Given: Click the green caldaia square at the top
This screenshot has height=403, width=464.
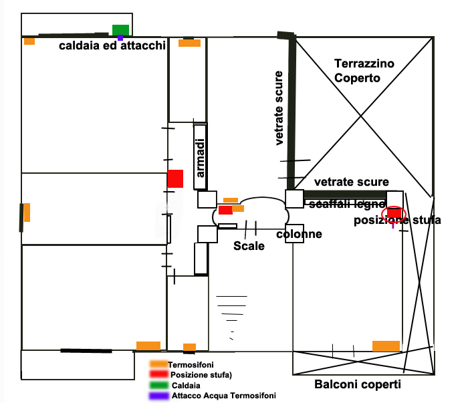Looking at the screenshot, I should coord(120,29).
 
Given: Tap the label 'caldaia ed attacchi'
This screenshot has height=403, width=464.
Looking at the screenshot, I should coord(112,46).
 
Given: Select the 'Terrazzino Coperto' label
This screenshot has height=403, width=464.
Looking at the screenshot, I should coord(364,71).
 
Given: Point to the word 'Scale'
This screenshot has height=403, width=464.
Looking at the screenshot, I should coord(249,246).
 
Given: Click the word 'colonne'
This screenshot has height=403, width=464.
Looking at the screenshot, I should coord(300,234).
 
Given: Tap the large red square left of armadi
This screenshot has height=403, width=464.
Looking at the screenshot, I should coord(175,178).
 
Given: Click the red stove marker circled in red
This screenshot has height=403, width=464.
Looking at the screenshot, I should coord(393,213).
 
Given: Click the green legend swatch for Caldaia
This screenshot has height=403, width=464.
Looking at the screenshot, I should coord(158,386).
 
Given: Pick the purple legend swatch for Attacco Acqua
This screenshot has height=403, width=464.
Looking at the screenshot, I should coord(158,396).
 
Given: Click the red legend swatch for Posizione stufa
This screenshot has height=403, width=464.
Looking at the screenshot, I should coord(158,375).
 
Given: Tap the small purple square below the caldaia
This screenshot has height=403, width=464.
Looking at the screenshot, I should coord(120,37).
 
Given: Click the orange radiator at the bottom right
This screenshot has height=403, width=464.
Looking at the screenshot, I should coord(386,346).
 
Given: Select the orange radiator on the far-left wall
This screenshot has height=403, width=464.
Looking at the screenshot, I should coord(27,213).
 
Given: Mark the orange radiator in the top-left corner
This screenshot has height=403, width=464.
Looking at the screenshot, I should coord(29,41).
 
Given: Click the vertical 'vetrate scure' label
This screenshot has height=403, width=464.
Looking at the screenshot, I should coord(279,108).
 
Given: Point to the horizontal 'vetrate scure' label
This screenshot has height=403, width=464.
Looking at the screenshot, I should coord(351,182).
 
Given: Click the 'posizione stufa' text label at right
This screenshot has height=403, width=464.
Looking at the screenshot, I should coord(397,221).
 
